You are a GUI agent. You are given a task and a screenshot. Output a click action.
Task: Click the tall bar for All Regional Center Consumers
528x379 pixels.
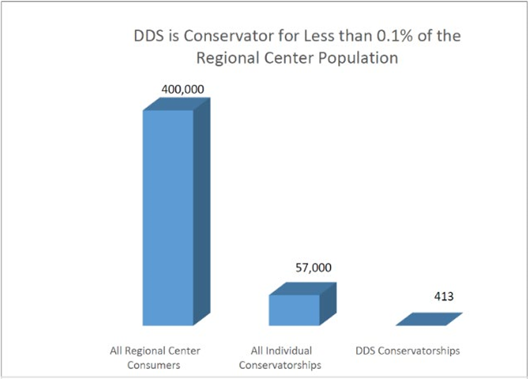[167, 217]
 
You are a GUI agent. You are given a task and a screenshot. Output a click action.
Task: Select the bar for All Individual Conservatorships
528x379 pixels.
[294, 310]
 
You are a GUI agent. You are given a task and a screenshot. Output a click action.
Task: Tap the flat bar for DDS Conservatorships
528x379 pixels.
[428, 319]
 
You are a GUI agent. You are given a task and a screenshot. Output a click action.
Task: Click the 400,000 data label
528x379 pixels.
[183, 89]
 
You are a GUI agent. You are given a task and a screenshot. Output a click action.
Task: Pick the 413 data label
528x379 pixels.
[444, 296]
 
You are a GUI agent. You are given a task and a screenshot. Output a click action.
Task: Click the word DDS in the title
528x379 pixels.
[147, 36]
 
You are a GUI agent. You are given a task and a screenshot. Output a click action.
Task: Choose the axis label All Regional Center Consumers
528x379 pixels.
[155, 357]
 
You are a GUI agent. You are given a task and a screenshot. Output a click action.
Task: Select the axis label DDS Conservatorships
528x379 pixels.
[407, 351]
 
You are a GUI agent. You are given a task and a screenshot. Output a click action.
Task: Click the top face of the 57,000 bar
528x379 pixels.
[302, 289]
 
